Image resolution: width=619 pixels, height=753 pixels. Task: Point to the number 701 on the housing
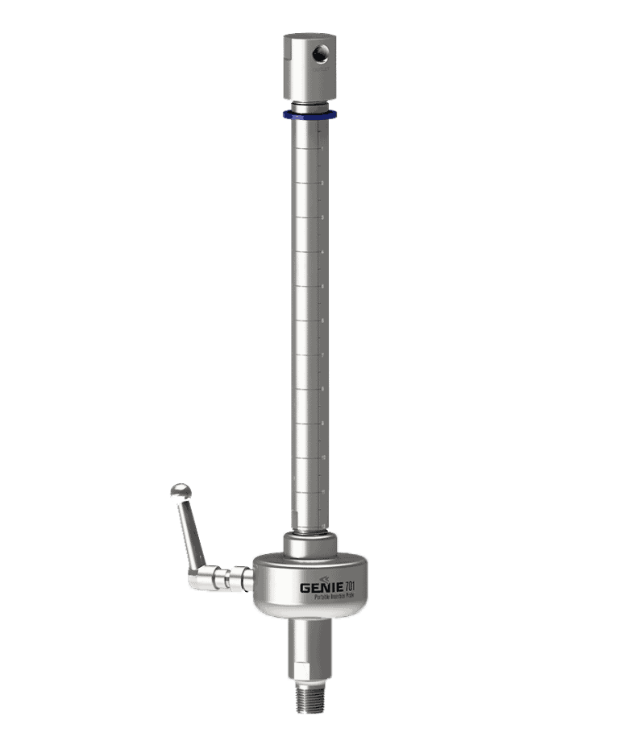[351, 585]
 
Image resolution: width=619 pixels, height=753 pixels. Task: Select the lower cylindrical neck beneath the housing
[309, 640]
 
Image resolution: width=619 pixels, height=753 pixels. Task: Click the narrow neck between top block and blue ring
[309, 106]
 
